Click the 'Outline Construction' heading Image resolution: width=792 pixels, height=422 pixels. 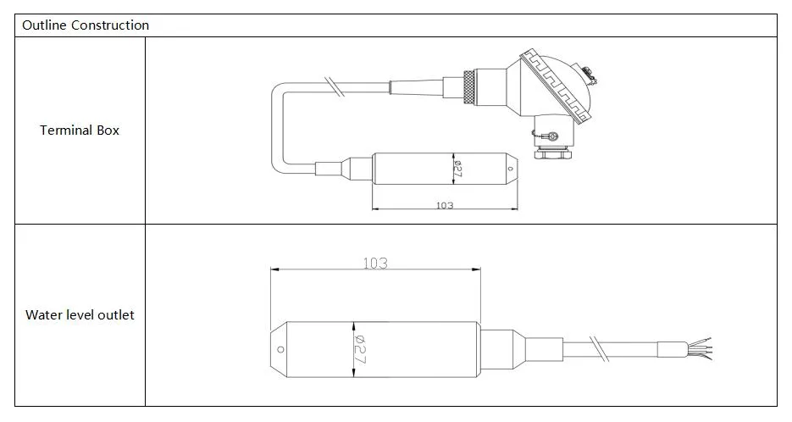pos(86,25)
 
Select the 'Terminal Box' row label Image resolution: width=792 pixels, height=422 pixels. pos(80,130)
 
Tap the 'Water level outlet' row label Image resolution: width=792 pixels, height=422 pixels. pos(80,315)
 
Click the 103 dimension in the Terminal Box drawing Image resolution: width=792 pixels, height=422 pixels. pos(444,206)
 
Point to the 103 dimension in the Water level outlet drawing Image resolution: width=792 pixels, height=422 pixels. pos(374,264)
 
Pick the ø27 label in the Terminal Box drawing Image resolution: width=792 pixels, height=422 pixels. pos(457,169)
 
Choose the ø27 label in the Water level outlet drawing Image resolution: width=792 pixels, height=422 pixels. pos(358,349)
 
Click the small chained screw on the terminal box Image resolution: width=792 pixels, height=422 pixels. pos(551,136)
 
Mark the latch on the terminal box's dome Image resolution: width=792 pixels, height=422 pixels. pos(590,79)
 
